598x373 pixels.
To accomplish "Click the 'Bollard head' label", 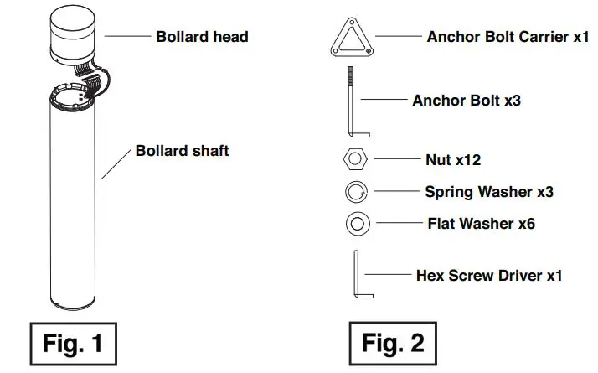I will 202,37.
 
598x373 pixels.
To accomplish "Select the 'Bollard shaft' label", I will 182,152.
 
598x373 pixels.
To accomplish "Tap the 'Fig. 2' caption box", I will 393,342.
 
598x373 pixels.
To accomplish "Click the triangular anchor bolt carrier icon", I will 351,38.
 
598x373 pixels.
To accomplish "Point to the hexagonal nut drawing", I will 356,158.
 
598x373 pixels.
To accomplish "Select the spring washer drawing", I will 356,192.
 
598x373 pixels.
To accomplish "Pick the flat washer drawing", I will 356,225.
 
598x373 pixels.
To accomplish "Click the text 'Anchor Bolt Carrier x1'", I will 508,37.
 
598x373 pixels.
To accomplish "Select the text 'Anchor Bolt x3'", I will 467,101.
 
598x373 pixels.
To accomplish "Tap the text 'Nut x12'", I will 453,159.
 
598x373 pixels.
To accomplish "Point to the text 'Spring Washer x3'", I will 489,192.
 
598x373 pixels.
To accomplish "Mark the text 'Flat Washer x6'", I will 481,224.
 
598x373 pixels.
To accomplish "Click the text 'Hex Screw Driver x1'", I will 489,275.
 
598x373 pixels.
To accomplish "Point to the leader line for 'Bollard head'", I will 126,37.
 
